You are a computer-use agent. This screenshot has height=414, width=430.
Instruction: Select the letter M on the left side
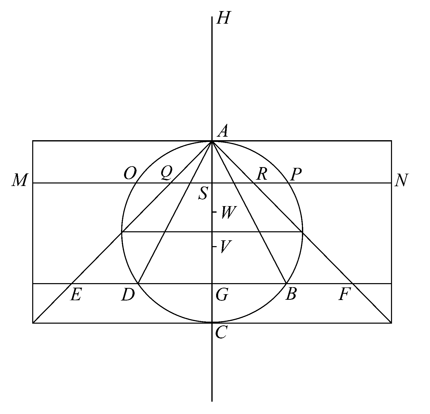[x=19, y=180]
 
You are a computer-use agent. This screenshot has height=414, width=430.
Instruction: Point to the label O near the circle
[x=130, y=174]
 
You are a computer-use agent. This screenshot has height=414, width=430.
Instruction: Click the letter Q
[x=167, y=174]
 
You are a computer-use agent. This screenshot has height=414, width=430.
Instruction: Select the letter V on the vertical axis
[x=224, y=247]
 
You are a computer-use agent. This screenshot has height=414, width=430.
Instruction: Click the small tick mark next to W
[x=214, y=212]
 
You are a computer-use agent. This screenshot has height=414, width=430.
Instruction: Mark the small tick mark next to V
[x=214, y=246]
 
